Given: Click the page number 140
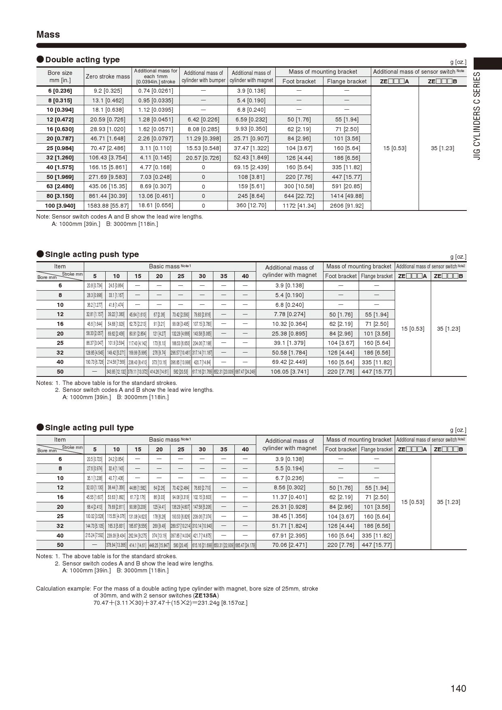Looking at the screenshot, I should pos(458,689).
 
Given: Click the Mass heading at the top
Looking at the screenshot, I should pos(48,35).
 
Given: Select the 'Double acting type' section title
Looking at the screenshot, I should pos(82,60).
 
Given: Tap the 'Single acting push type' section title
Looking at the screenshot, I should pos(92,255).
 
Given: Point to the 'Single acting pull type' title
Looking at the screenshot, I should pos(89,428).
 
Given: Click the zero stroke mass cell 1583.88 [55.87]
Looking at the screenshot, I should pos(108,206).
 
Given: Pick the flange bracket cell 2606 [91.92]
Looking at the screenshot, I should pos(347,206).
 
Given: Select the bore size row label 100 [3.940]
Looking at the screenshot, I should pos(60,206).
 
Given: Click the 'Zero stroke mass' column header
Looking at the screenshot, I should pos(108,77).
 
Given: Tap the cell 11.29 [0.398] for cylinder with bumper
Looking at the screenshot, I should pos(203,138).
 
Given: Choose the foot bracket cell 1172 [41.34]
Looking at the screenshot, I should pos(299,206).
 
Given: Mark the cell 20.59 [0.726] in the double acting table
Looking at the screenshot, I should pos(108,119).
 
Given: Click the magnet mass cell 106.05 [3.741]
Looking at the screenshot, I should pos(289,372).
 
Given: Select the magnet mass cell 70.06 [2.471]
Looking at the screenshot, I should pos(289,545).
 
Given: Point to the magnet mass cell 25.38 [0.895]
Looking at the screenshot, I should pos(289,334).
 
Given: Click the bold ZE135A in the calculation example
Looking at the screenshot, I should pos(206,595).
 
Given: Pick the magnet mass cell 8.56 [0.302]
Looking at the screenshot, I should pos(289,488).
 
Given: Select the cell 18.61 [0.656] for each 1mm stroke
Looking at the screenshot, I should pos(155,206).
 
